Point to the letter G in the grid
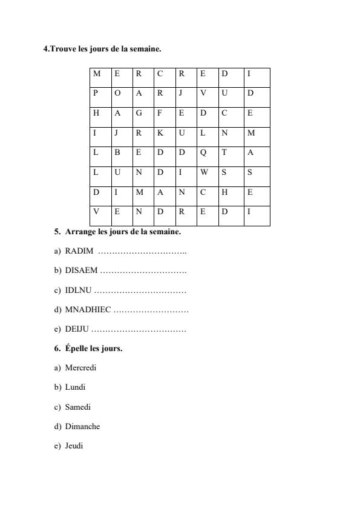coord(139,113)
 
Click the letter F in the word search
coord(160,113)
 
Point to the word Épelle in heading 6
coord(77,349)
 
